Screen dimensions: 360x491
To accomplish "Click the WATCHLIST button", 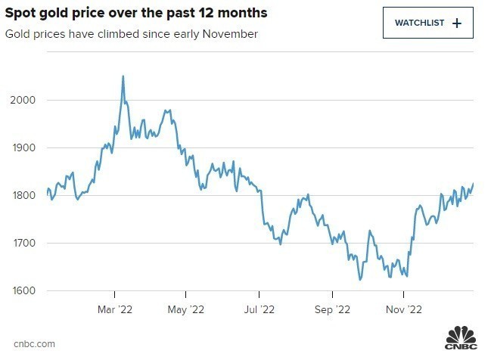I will point(427,23).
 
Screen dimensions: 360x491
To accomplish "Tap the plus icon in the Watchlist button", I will point(456,23).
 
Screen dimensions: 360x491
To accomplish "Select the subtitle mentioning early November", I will point(131,34).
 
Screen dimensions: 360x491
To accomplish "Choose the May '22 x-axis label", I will point(186,309).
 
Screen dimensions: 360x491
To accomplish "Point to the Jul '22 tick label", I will point(259,309).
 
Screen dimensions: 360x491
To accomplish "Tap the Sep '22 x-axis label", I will point(331,309).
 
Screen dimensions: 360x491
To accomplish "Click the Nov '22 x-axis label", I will point(404,309).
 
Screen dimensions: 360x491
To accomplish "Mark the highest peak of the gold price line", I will point(123,76).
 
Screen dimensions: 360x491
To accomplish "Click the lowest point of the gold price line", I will point(360,280).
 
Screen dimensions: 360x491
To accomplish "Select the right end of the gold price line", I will point(474,184).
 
